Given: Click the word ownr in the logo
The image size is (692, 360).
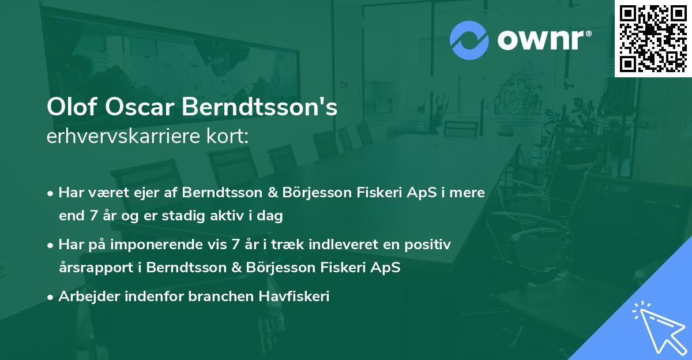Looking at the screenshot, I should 544,40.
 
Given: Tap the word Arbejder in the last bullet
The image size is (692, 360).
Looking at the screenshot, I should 85,297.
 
